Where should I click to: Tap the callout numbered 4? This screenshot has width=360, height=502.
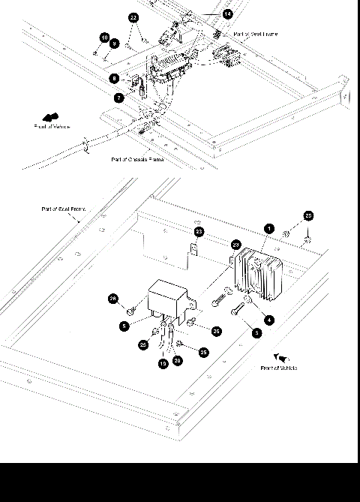[x=269, y=320]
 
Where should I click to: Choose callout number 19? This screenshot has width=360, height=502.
[x=163, y=363]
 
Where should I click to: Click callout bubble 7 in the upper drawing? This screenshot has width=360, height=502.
[x=118, y=98]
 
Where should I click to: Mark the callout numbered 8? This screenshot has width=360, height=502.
[x=114, y=78]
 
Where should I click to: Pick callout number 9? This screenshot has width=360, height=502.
[x=115, y=44]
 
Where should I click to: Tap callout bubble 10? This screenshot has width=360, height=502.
[x=104, y=38]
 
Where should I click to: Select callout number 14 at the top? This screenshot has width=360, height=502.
[x=227, y=14]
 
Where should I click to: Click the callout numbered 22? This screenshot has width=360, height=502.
[x=133, y=17]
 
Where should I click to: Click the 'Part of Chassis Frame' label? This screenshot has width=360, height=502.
[x=137, y=159]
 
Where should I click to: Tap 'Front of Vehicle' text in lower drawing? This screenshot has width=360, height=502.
[x=279, y=368]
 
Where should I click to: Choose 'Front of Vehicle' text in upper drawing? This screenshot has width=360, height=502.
[x=52, y=127]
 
